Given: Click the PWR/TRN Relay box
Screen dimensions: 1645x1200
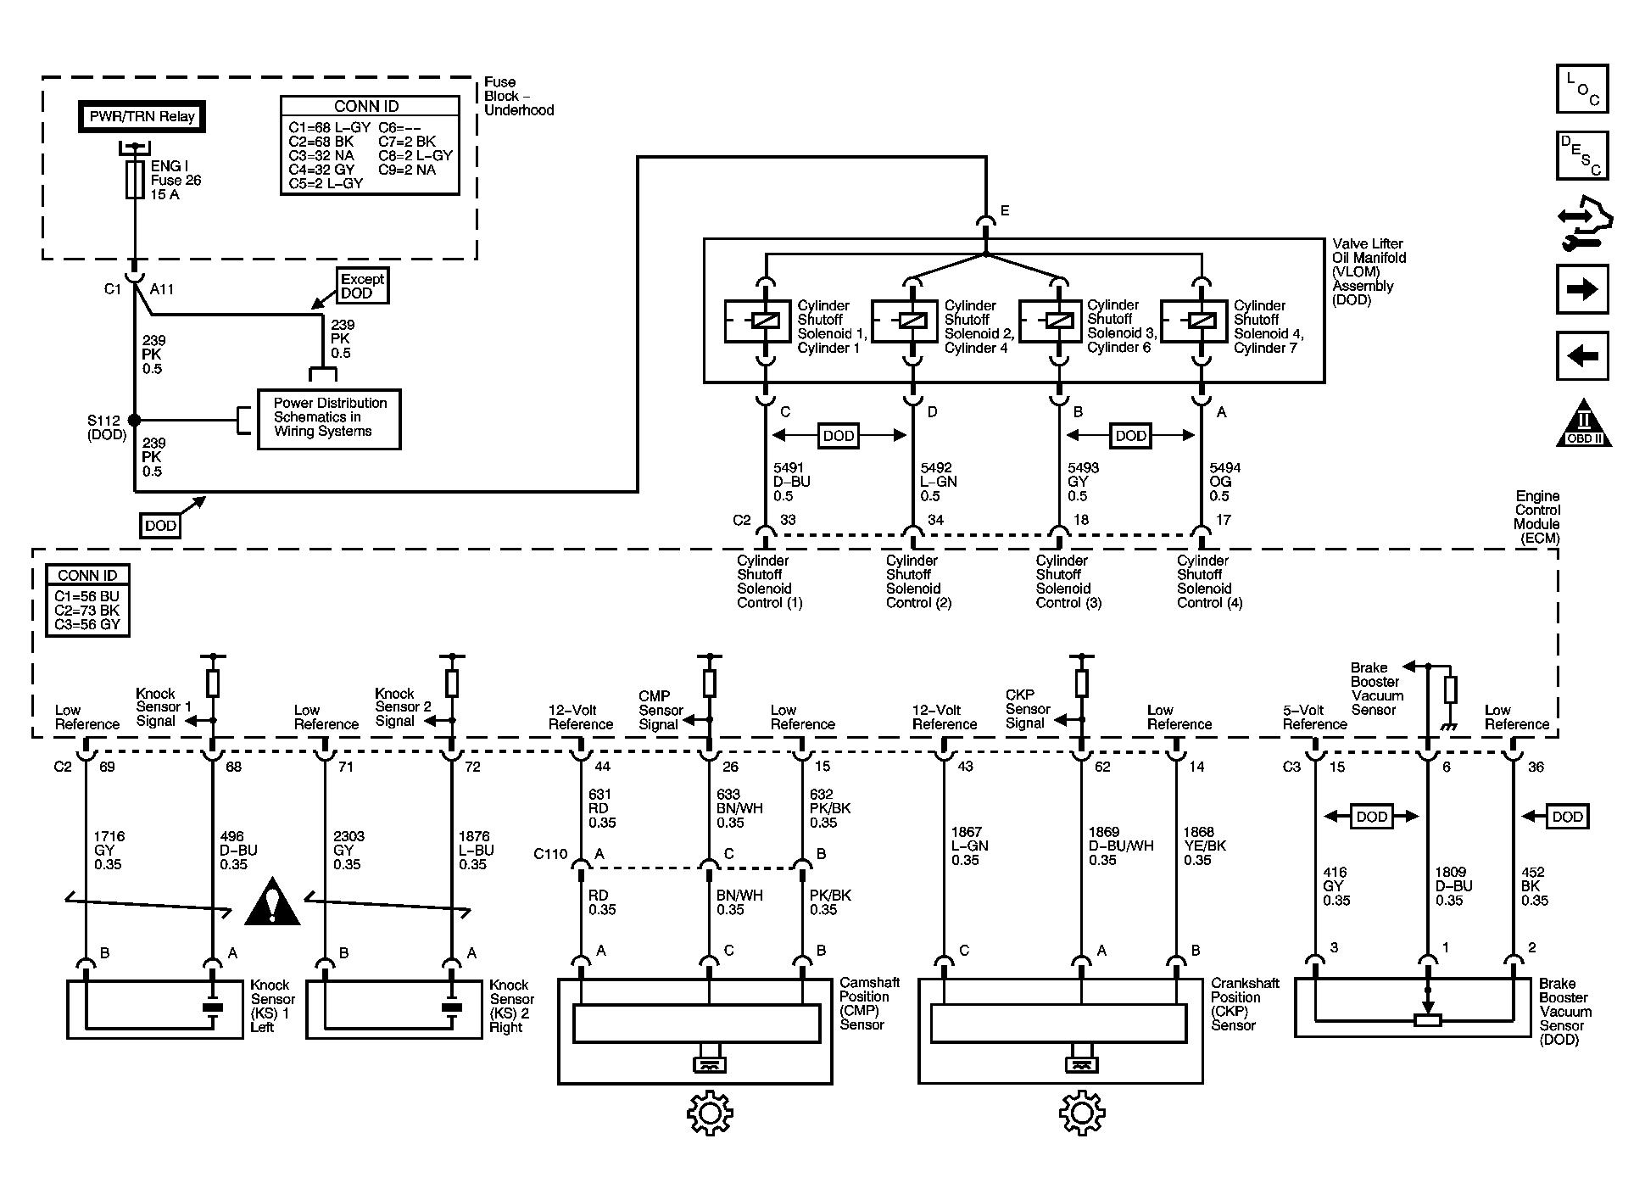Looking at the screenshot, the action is [x=142, y=117].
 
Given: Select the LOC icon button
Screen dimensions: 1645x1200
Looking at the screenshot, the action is [x=1582, y=89].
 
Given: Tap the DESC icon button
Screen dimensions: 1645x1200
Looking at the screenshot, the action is [x=1582, y=155].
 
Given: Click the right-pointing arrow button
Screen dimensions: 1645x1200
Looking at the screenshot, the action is [x=1582, y=289].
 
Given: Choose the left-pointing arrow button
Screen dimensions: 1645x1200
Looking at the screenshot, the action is [x=1582, y=355].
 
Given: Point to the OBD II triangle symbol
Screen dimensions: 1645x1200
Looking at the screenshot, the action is [x=1583, y=422].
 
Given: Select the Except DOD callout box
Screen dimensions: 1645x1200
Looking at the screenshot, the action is [x=363, y=287].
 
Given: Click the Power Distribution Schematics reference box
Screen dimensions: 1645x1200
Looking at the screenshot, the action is [x=329, y=419].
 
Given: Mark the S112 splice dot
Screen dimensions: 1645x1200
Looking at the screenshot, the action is [x=134, y=420].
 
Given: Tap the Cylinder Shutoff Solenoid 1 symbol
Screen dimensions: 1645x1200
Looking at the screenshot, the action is [x=758, y=321].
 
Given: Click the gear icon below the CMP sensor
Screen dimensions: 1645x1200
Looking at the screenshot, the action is [x=710, y=1113].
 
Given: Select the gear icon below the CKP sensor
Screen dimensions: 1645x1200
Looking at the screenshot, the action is [x=1082, y=1113].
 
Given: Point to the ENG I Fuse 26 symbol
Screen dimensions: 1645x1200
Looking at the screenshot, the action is [x=134, y=181].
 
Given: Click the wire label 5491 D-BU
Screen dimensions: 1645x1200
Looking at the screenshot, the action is [x=792, y=482].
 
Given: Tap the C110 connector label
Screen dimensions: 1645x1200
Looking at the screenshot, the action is [x=550, y=854].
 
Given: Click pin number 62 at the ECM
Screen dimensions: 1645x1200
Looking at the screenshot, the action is [x=1102, y=767].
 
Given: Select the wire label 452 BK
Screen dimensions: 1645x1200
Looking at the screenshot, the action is [x=1534, y=886].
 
